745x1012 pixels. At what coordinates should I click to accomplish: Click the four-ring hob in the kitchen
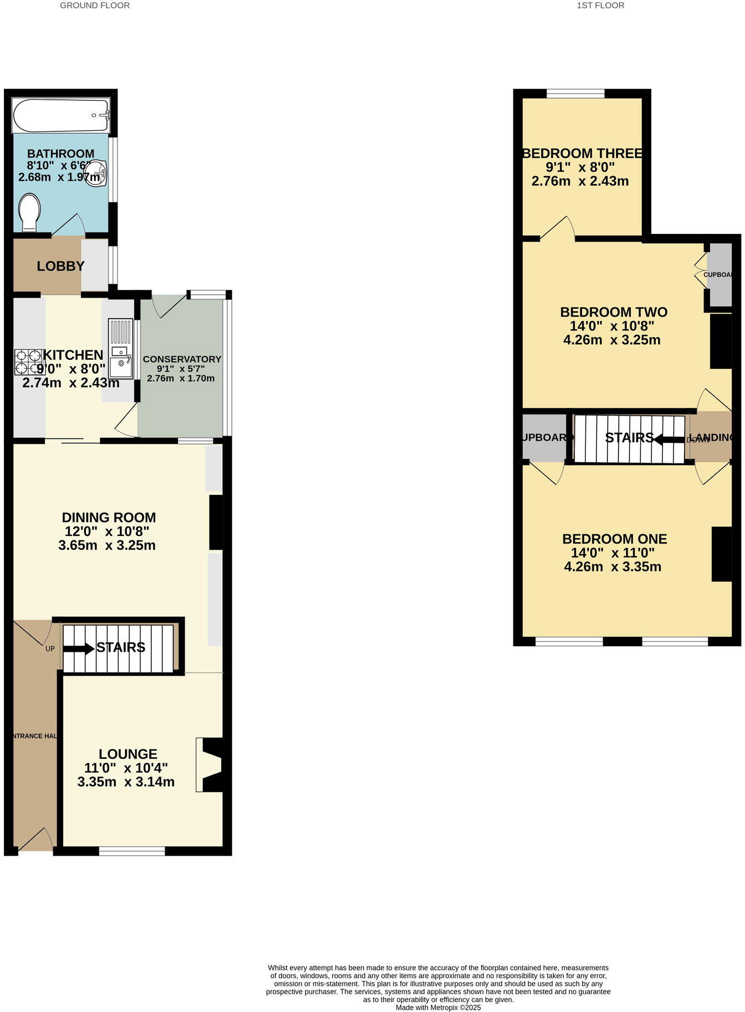(29, 362)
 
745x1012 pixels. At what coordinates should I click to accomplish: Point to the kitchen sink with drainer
(120, 348)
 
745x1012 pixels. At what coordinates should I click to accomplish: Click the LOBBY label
(60, 266)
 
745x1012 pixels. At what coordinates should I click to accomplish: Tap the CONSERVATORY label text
(182, 359)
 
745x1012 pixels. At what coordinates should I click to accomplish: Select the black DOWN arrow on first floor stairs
(669, 439)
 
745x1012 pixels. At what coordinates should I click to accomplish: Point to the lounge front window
(132, 851)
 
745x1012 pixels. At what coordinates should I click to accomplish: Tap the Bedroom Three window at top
(575, 94)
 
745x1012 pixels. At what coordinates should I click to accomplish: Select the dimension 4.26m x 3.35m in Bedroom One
(613, 566)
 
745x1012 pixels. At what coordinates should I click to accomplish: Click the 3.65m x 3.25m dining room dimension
(107, 545)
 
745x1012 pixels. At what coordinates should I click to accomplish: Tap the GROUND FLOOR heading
(95, 6)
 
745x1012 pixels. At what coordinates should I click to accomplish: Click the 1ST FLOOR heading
(600, 6)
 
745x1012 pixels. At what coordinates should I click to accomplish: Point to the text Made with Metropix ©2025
(438, 1008)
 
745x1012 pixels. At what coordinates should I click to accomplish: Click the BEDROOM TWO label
(613, 312)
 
